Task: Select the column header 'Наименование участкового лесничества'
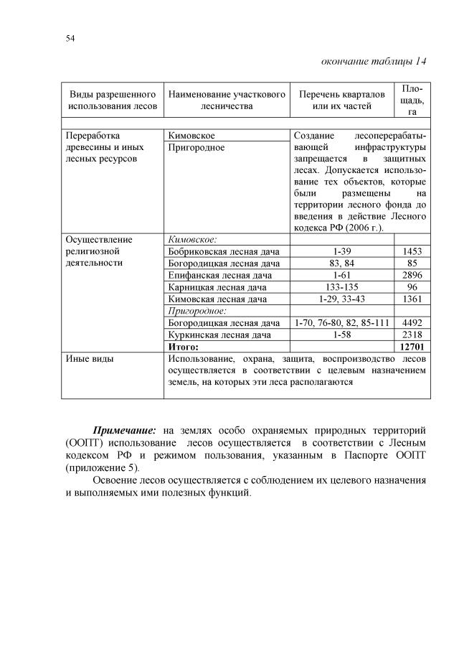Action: [x=226, y=100]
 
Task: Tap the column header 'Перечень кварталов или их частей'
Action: [x=341, y=100]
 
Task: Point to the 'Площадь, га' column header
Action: [x=412, y=100]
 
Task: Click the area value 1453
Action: [x=412, y=251]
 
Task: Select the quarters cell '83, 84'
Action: [x=341, y=263]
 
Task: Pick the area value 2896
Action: [x=412, y=275]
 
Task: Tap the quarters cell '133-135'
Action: [x=341, y=286]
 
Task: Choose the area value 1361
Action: [x=412, y=299]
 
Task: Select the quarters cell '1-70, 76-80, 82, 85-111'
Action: [x=341, y=322]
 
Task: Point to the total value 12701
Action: [x=412, y=346]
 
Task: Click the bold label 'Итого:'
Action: [x=183, y=346]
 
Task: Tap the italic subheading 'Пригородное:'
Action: [x=197, y=311]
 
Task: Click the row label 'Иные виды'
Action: [x=89, y=358]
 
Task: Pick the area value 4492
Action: [x=412, y=322]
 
